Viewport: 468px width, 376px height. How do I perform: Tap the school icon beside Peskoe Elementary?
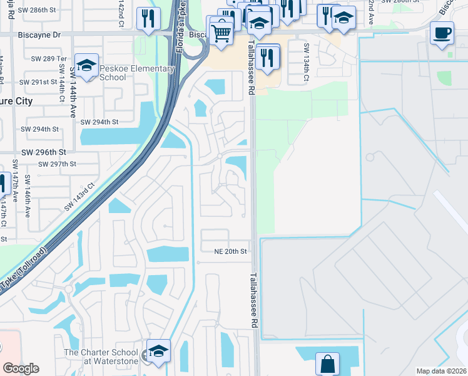(87, 66)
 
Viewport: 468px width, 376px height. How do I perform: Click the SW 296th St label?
(44, 152)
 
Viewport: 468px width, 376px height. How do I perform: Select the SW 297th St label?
(57, 164)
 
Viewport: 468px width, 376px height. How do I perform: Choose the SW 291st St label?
(39, 82)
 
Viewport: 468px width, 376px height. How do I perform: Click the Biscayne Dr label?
(39, 36)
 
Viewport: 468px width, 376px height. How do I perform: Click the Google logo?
(21, 368)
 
